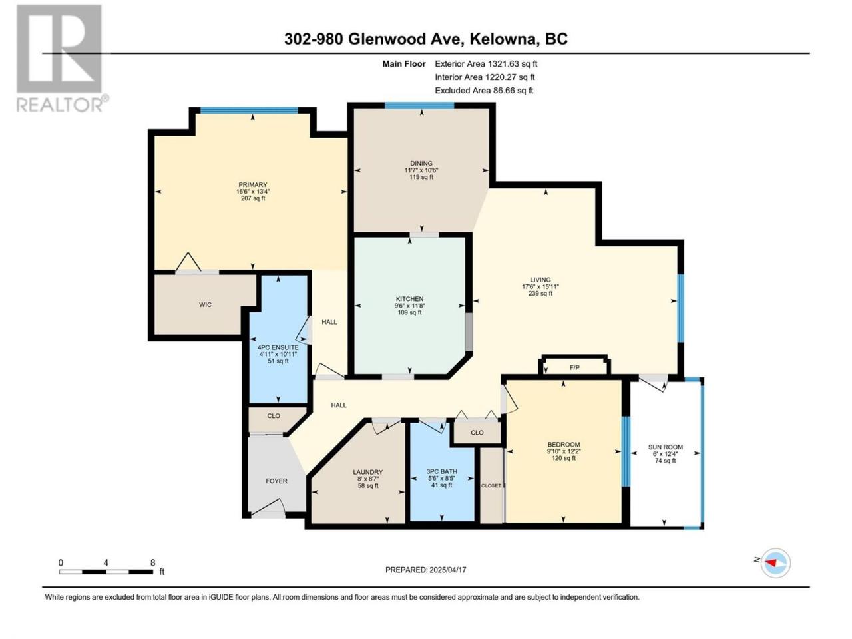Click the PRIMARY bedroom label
click(x=253, y=184)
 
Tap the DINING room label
click(x=421, y=163)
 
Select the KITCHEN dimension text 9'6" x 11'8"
click(x=409, y=306)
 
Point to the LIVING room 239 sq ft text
click(x=540, y=294)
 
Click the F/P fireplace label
click(x=574, y=367)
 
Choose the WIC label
click(x=205, y=305)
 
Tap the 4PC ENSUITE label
click(x=278, y=347)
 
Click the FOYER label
click(x=276, y=481)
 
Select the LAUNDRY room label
click(x=367, y=472)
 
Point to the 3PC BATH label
click(x=442, y=471)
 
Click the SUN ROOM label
click(x=666, y=447)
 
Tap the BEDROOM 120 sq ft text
click(x=564, y=458)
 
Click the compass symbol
click(x=775, y=563)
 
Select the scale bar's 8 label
click(x=152, y=562)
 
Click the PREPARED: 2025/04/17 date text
click(x=426, y=570)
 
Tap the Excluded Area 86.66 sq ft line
click(x=484, y=91)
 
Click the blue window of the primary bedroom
click(x=249, y=110)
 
